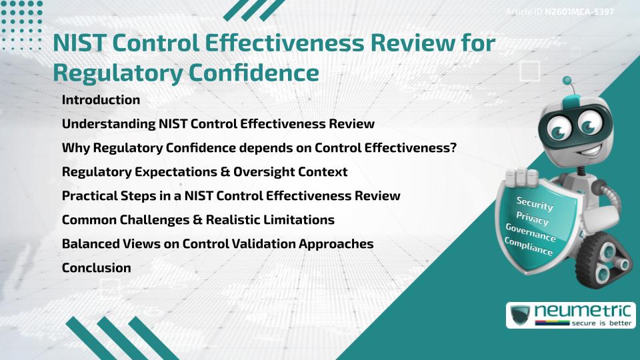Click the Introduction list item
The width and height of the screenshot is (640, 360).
point(101,100)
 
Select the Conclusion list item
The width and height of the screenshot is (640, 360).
point(96,268)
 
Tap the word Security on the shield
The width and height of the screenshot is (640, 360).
point(535,204)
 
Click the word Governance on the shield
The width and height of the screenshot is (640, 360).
point(531,233)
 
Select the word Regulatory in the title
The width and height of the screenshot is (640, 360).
point(114,73)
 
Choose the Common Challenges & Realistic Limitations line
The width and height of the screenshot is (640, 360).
point(198,219)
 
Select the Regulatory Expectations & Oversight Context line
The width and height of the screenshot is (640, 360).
point(205,172)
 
